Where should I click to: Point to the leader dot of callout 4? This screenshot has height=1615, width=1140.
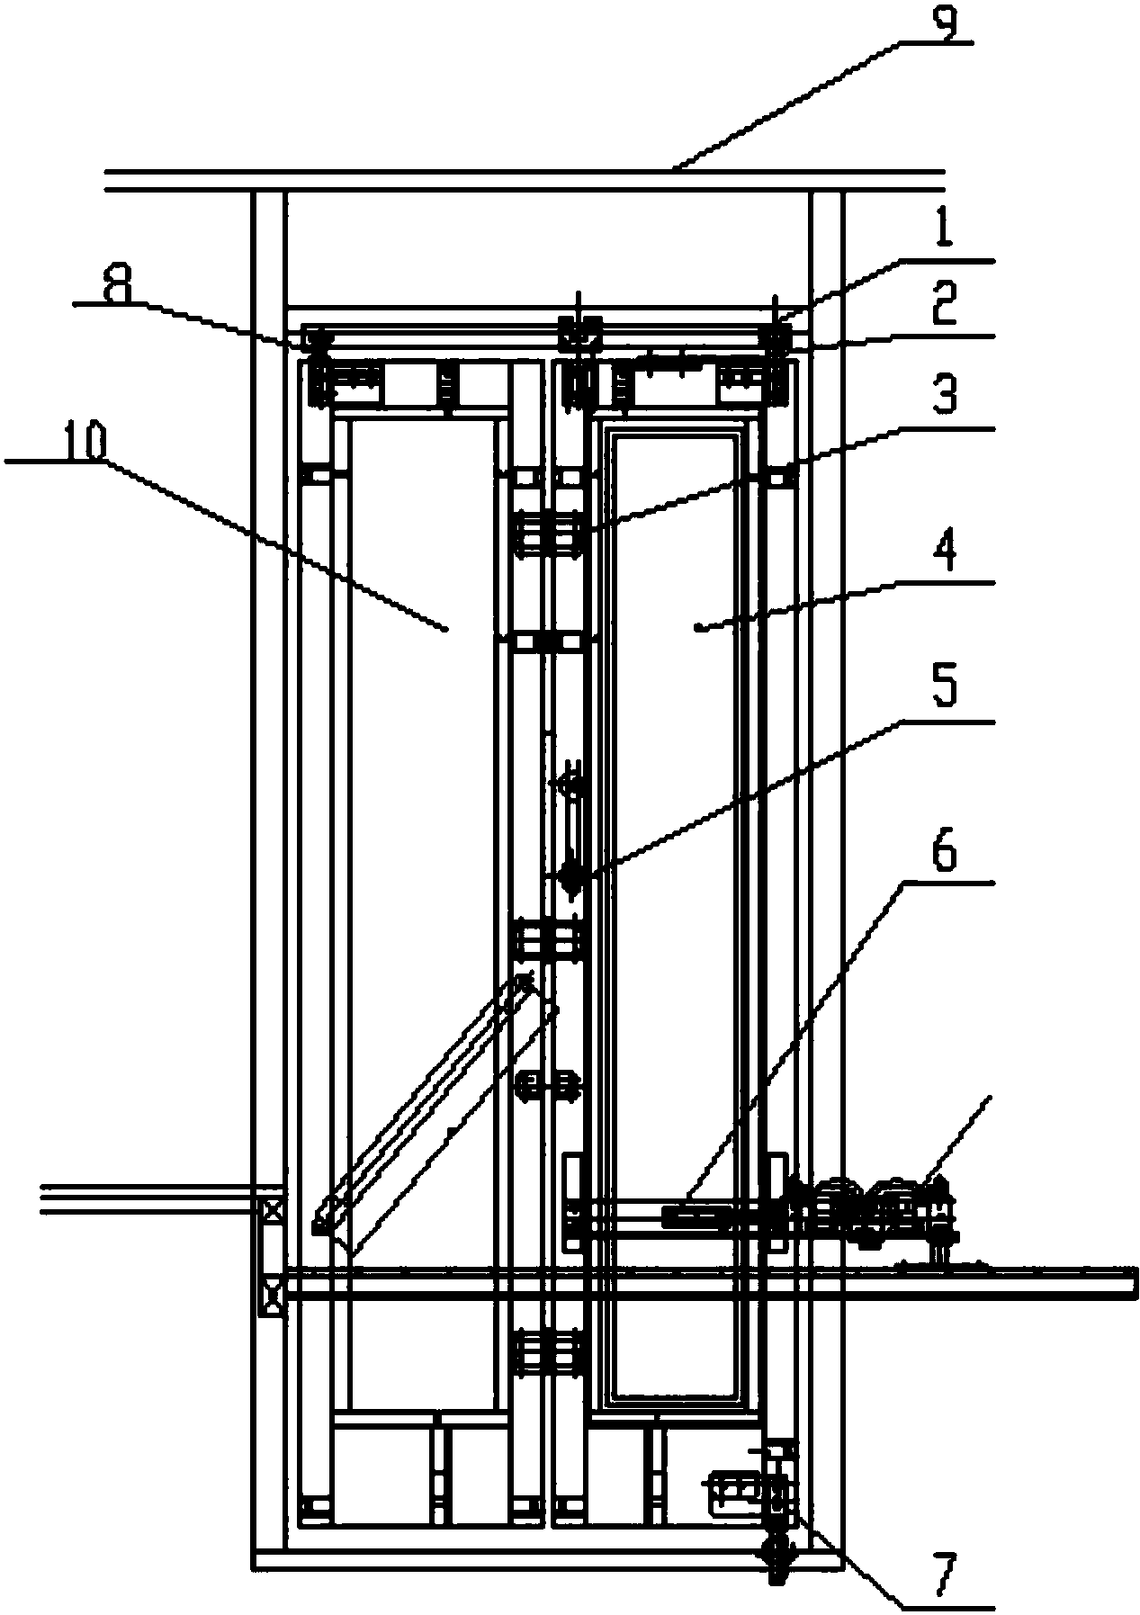pos(698,630)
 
